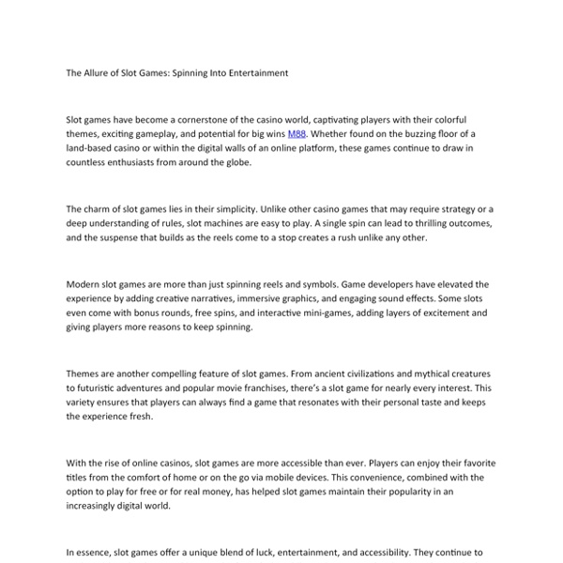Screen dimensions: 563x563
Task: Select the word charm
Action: coord(101,208)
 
